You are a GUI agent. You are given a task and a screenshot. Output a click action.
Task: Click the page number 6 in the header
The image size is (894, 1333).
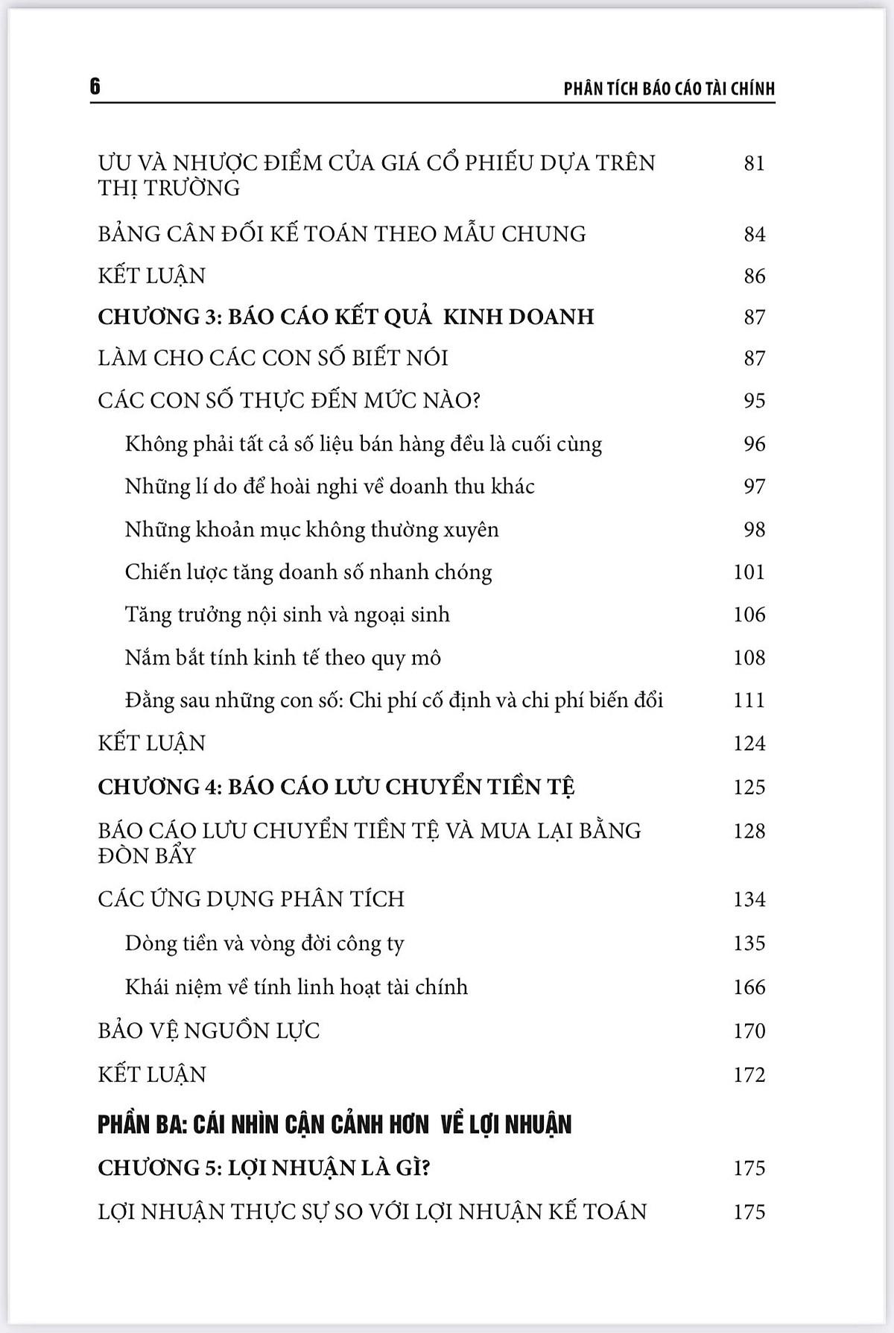click(95, 86)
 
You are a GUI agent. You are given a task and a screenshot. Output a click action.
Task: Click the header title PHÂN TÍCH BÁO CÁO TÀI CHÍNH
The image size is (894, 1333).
click(669, 89)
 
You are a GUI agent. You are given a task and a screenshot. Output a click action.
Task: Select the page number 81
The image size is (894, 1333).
click(754, 163)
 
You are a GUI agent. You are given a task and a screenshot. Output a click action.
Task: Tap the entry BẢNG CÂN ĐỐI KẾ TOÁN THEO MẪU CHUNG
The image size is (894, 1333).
click(342, 234)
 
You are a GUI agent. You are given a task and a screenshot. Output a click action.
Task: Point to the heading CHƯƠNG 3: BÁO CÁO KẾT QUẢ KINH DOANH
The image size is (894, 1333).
click(346, 317)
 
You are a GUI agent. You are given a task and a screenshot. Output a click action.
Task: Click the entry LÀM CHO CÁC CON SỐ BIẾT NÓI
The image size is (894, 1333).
click(273, 358)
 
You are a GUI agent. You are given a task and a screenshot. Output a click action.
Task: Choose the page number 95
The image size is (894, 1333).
click(754, 401)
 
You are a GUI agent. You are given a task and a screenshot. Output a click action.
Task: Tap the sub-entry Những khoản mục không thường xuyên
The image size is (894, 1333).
click(311, 530)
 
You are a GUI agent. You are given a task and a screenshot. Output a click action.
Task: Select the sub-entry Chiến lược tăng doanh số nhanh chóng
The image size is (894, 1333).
click(308, 572)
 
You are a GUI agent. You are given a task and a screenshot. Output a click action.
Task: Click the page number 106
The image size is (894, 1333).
click(749, 615)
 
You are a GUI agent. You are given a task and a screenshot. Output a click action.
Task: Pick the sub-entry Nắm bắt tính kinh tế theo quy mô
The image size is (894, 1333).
click(283, 658)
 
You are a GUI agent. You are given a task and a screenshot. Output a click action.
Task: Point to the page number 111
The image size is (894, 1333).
click(749, 700)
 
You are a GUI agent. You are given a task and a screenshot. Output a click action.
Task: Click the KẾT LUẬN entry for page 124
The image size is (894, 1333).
click(151, 744)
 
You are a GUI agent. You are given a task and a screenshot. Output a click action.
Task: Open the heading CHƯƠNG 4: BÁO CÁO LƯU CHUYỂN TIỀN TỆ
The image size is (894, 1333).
click(336, 788)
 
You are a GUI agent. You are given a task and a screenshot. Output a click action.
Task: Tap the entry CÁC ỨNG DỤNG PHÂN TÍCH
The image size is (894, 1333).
click(251, 899)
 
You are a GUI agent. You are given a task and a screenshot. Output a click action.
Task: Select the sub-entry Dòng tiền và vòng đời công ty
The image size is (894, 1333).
click(264, 944)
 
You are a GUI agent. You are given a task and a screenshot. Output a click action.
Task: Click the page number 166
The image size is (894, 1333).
click(749, 987)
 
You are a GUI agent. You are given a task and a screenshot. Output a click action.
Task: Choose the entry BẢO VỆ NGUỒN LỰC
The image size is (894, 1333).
click(209, 1031)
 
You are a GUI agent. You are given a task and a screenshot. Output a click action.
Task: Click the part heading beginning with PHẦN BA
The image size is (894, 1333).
click(335, 1124)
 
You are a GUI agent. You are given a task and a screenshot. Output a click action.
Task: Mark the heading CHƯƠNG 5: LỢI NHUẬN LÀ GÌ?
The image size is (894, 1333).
click(264, 1168)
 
